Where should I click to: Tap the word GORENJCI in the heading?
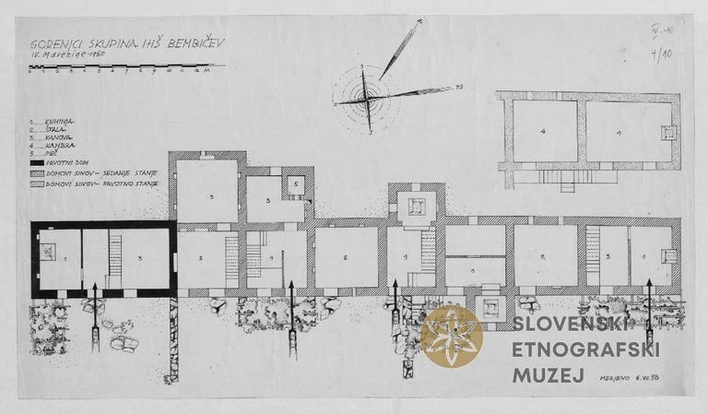coord(53,44)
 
